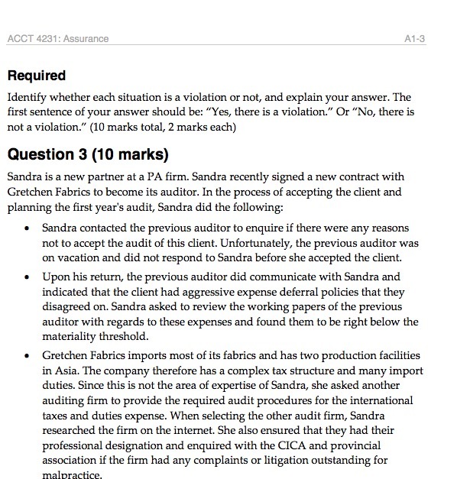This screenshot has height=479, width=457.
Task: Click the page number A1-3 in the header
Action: tap(414, 38)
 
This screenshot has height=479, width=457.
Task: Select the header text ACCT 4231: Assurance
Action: tap(57, 38)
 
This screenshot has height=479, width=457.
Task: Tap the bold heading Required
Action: tap(36, 76)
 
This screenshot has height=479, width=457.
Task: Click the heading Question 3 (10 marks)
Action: tap(87, 154)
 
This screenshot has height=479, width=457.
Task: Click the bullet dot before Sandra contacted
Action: tap(28, 229)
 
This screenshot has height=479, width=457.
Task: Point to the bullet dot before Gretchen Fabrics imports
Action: tap(28, 358)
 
